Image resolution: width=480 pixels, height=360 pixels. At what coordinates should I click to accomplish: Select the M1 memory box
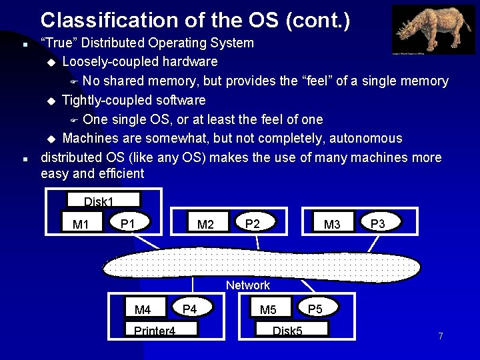tap(81, 224)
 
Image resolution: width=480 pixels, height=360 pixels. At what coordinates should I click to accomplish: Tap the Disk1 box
tap(103, 200)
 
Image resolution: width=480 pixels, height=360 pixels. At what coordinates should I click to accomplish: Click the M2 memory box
tap(206, 224)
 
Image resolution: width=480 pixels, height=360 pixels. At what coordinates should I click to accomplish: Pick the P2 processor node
tap(253, 223)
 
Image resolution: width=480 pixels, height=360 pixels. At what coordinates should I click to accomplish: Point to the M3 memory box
tap(332, 224)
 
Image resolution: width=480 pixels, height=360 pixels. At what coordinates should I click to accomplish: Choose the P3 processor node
tap(378, 223)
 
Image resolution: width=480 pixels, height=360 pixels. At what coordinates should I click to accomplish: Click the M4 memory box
tap(143, 309)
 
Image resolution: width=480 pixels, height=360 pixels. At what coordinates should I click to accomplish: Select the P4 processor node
tap(190, 308)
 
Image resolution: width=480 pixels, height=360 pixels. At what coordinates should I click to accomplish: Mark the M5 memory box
tap(268, 309)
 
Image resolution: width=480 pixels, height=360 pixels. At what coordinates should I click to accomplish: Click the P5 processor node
tap(315, 308)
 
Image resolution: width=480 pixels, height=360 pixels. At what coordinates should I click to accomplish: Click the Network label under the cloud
tap(248, 285)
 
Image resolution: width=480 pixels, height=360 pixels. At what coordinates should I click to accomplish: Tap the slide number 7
tap(440, 336)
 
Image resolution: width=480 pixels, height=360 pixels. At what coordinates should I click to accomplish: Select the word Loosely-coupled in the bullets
tap(109, 62)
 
